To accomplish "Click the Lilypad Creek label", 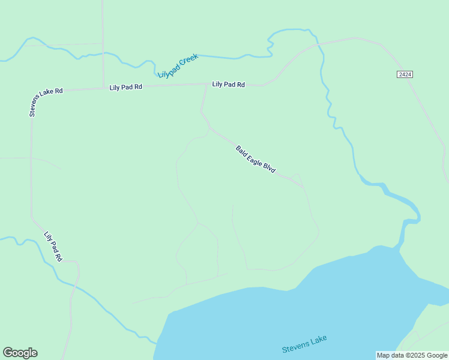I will (x=178, y=65).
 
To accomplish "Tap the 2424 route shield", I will (x=405, y=74).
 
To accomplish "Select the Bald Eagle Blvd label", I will (x=255, y=160).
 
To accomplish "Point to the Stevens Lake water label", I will (x=304, y=344).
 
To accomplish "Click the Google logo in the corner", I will (x=20, y=353).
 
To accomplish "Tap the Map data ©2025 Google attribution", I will (x=412, y=355).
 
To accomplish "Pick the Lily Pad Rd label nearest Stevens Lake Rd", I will (x=125, y=87).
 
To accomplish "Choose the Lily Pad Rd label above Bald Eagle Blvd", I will (x=228, y=85).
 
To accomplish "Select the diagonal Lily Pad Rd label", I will (x=53, y=246).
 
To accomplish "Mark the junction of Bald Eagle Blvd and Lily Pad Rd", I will (x=207, y=85).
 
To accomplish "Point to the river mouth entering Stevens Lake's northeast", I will (x=400, y=243).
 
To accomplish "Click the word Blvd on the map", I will (x=269, y=169).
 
